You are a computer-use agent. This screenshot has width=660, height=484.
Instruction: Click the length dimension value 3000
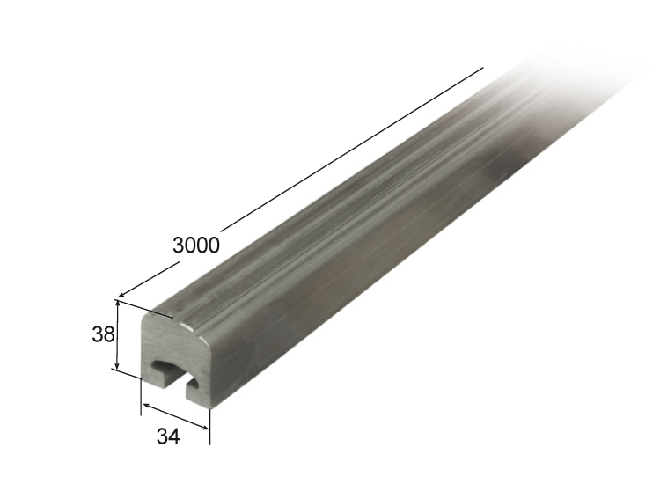(x=196, y=246)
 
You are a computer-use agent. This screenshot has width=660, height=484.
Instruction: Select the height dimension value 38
(x=103, y=334)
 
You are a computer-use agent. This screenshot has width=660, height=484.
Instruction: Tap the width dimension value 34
(x=168, y=436)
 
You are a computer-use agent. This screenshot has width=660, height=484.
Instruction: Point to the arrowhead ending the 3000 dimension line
(x=121, y=295)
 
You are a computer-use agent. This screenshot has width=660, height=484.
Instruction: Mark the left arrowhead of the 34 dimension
(x=147, y=407)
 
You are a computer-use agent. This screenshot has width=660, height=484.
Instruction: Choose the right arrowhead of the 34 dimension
(x=204, y=428)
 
